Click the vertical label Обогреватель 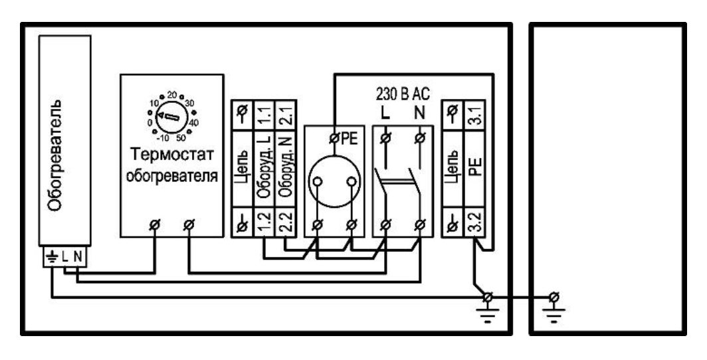click(54, 155)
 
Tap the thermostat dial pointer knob click(167, 117)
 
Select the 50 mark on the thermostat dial click(181, 138)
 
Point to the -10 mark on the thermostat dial click(165, 138)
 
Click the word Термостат click(172, 154)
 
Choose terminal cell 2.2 click(286, 222)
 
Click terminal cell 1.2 click(264, 222)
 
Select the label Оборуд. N click(286, 167)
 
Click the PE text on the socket click(349, 139)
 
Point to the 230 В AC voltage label click(403, 94)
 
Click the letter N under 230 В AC click(419, 113)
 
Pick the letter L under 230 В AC click(385, 113)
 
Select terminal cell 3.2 click(475, 222)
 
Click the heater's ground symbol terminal click(51, 257)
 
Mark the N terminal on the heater click(78, 257)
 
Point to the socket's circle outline click(335, 155)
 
